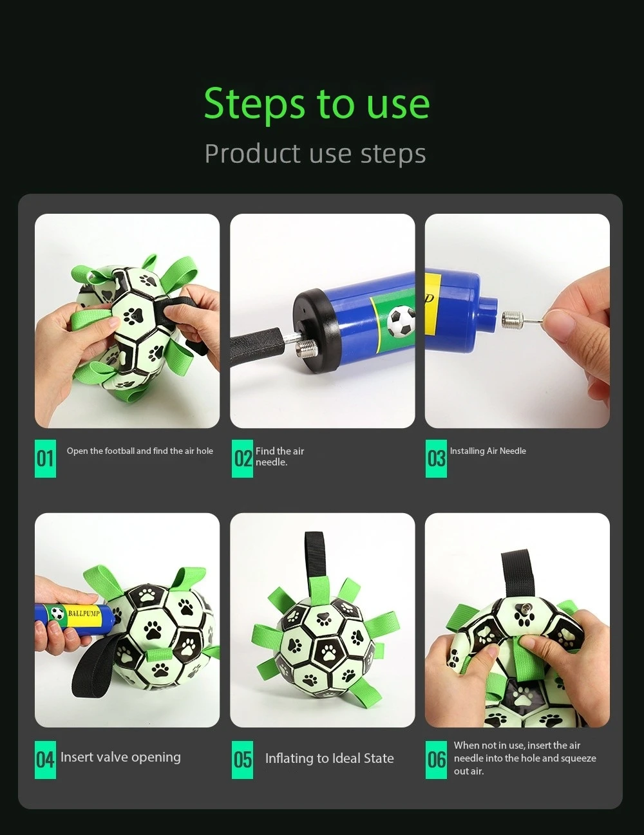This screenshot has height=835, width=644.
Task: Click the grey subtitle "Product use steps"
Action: [315, 154]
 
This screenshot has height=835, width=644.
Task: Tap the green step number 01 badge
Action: [45, 458]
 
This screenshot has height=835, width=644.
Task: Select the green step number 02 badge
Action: [242, 458]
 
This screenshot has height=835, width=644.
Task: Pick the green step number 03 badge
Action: [436, 458]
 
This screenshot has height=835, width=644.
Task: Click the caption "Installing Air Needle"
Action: [488, 451]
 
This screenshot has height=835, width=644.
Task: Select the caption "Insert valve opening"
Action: [120, 757]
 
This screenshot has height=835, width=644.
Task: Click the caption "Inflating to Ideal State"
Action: [329, 758]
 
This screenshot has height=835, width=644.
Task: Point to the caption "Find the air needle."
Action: [279, 456]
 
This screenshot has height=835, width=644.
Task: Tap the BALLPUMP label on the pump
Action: [84, 613]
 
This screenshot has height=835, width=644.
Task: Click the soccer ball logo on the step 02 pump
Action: [401, 320]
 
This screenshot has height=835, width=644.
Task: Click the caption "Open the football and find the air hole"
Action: [140, 451]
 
